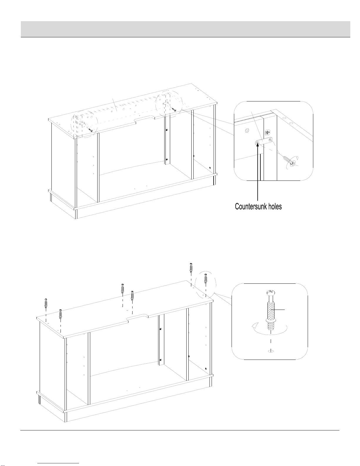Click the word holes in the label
(275, 206)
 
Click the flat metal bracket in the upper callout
(264, 141)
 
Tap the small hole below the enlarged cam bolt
(271, 351)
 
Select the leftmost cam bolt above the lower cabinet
(46, 303)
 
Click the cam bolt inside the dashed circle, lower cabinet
(205, 278)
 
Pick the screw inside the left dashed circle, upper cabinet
(90, 129)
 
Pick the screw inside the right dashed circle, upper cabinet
(174, 109)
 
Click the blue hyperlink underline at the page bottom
(58, 463)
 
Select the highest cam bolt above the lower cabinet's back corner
(191, 268)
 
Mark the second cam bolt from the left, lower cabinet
(61, 314)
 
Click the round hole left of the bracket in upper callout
(247, 130)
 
